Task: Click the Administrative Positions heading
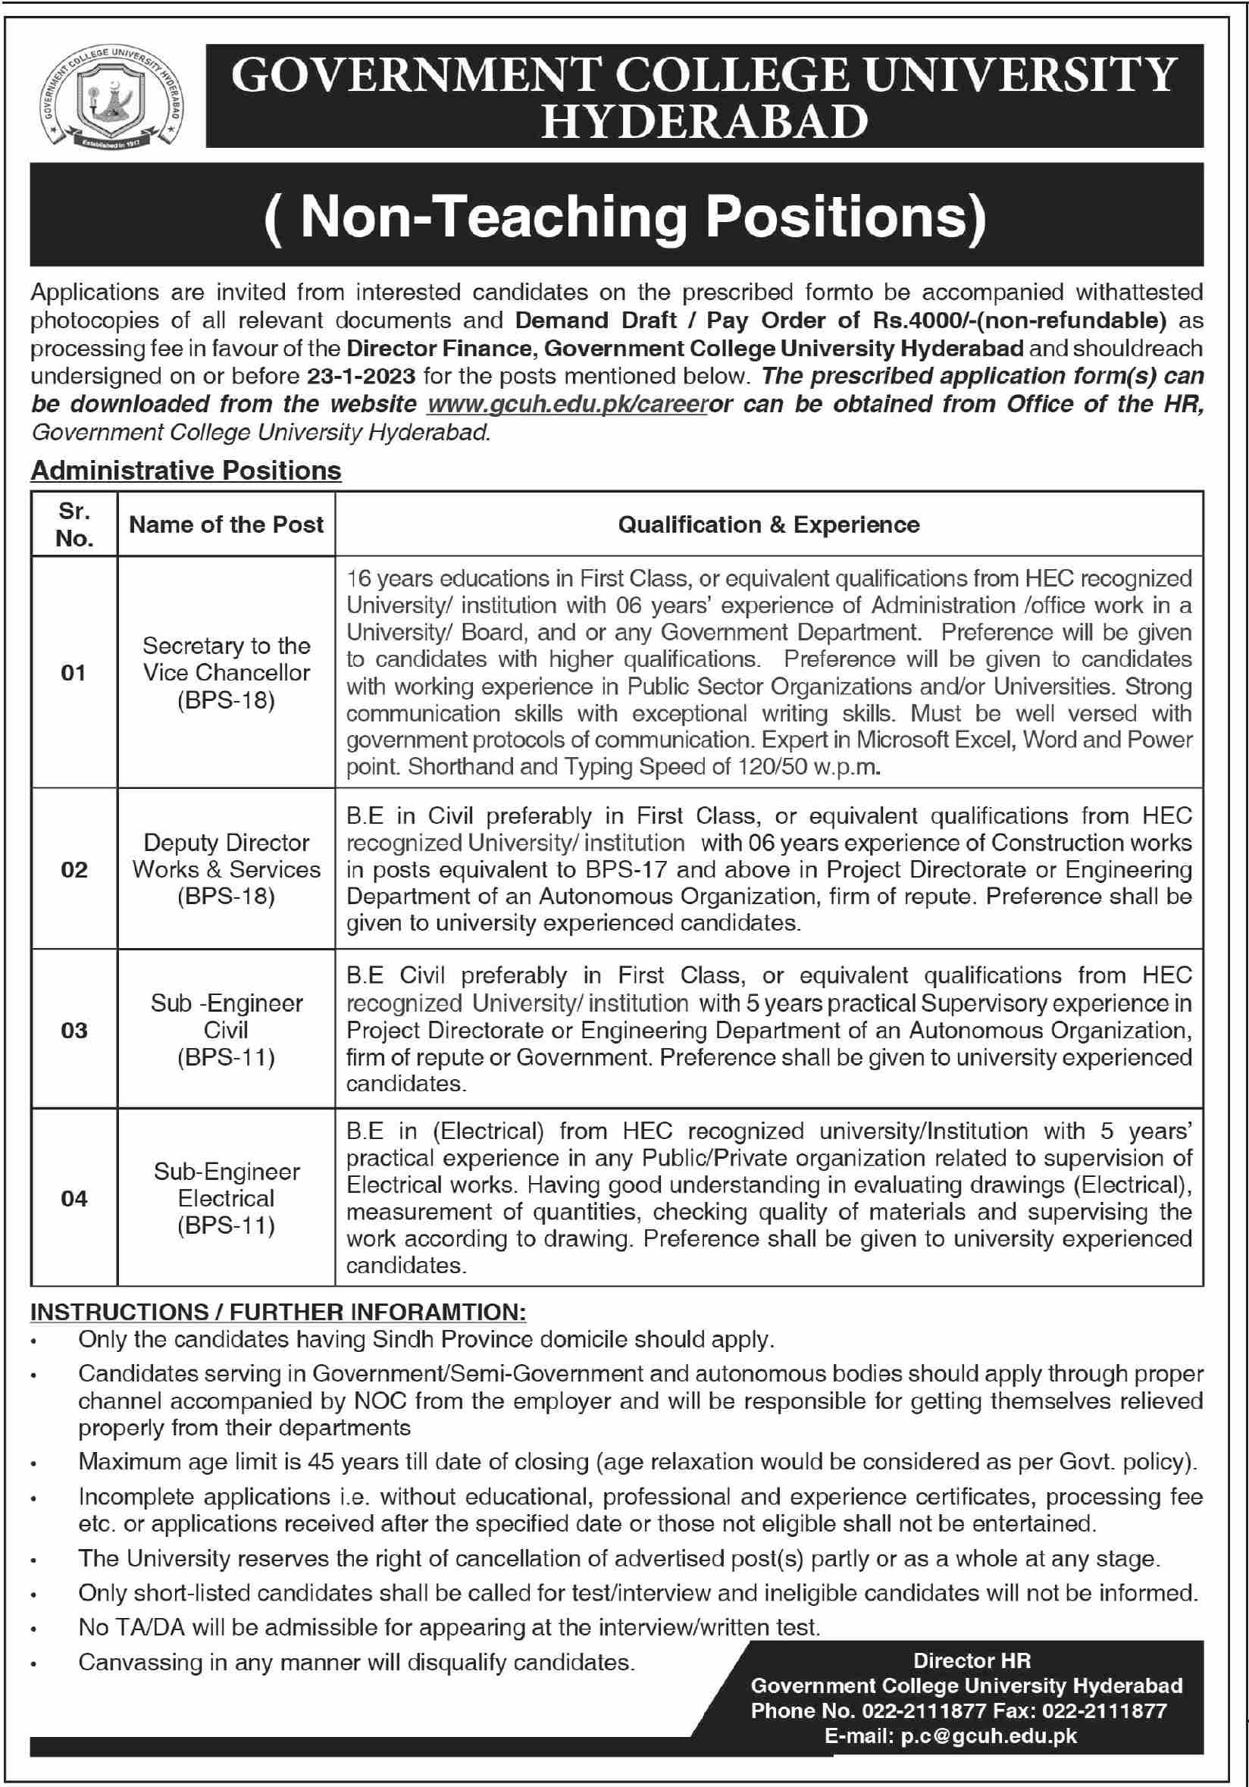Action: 186,471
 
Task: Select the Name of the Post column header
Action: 226,524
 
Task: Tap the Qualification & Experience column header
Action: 768,524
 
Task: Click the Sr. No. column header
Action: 74,524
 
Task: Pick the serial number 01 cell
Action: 74,672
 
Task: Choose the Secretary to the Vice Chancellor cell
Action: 226,672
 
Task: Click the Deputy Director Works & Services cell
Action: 226,869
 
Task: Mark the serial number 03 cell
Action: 74,1031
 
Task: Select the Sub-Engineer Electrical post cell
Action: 226,1198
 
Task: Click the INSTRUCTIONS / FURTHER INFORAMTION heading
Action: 278,1313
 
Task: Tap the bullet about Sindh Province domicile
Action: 426,1339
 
